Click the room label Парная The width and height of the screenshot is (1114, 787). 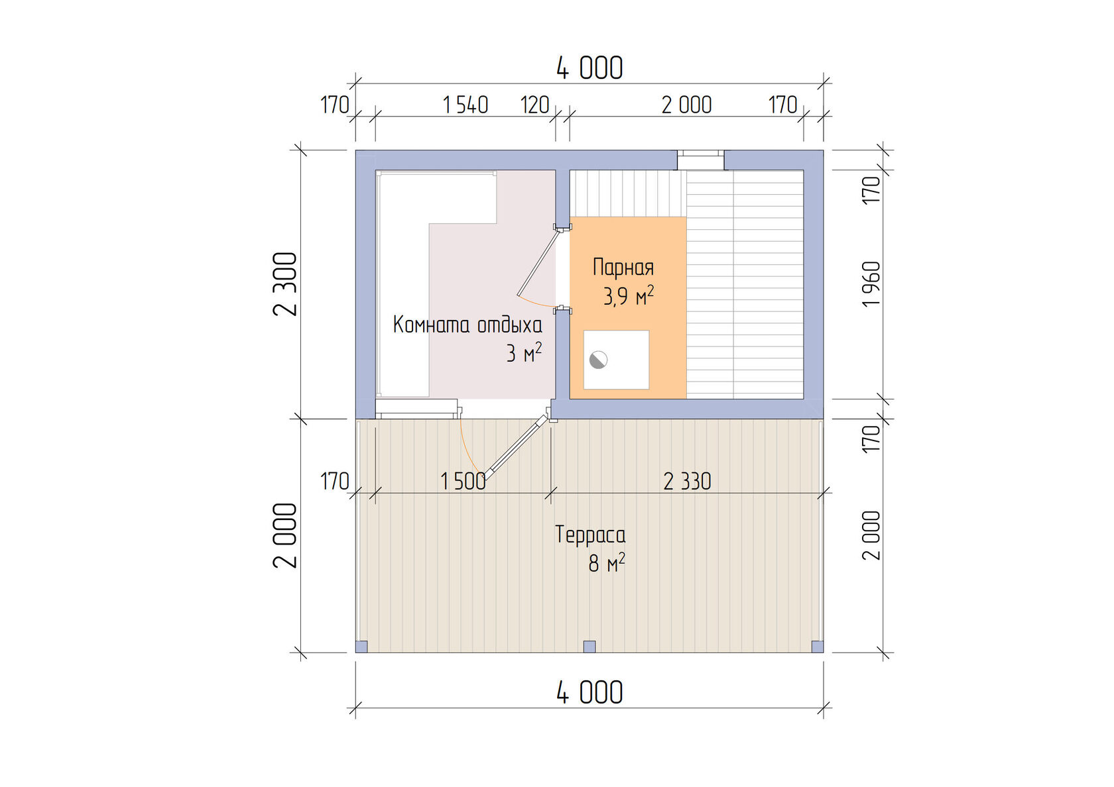pos(623,268)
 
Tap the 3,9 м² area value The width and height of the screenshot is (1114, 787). pos(629,296)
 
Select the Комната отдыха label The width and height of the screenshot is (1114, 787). pos(467,325)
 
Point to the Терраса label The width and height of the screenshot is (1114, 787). pos(590,535)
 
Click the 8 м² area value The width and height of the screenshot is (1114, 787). pos(607,563)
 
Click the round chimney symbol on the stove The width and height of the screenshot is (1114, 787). pos(598,360)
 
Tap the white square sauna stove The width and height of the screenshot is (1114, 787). pos(616,360)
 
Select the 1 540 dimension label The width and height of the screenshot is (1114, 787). pos(465,105)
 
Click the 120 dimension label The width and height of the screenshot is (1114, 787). pos(534,105)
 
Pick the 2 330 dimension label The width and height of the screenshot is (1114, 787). pos(687,482)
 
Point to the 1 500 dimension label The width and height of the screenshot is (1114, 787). pos(463,482)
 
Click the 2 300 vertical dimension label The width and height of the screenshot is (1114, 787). pos(285,284)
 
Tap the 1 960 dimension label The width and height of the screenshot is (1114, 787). pos(871,284)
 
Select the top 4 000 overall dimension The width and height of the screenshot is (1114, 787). pos(589,68)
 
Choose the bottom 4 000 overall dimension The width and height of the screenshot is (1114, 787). pos(589,693)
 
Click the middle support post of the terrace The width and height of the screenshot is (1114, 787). pos(589,647)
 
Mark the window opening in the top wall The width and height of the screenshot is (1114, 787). pos(701,160)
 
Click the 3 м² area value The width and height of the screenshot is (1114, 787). pos(524,353)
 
